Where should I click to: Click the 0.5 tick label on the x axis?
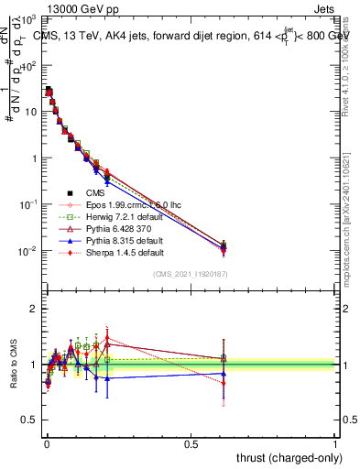[191, 443]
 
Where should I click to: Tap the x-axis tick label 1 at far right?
[335, 443]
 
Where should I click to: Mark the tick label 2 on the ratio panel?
[33, 309]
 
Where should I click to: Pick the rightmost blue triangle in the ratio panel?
[224, 374]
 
